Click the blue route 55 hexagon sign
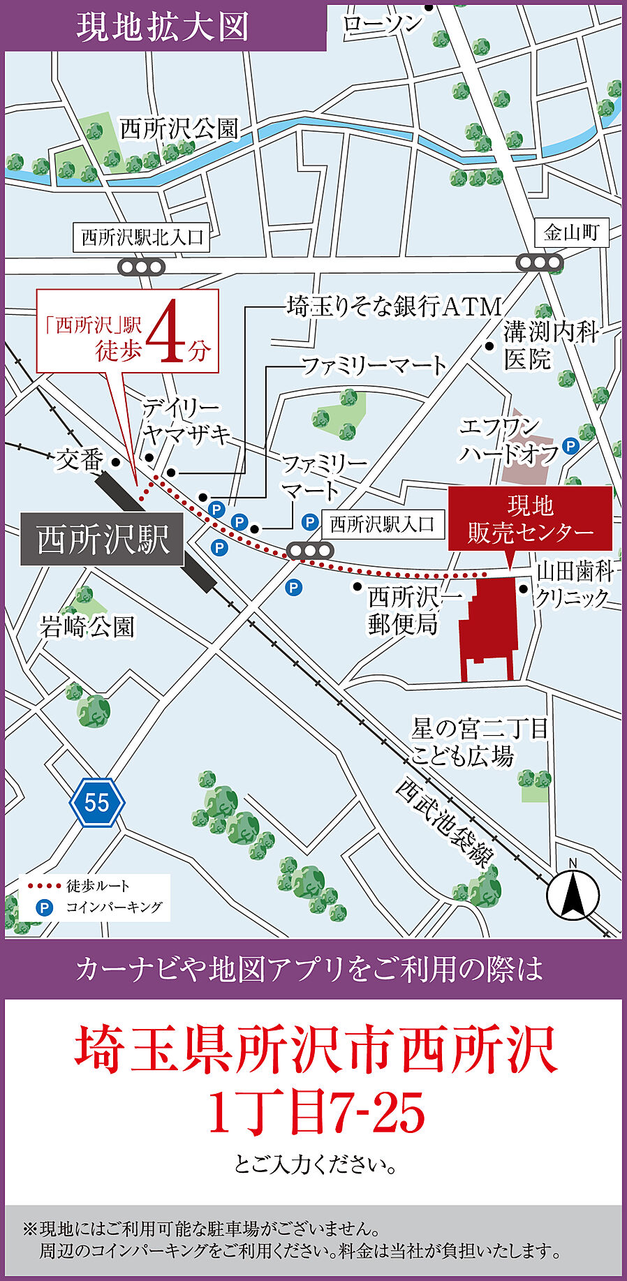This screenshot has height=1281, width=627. (97, 802)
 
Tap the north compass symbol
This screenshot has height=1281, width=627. (573, 896)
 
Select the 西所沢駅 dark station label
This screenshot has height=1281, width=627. (103, 540)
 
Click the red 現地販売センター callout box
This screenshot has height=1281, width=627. (530, 519)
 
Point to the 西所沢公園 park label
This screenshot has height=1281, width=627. (179, 129)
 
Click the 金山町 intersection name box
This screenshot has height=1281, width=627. (572, 232)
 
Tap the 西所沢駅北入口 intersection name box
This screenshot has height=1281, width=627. (142, 237)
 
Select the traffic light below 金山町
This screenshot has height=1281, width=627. (539, 263)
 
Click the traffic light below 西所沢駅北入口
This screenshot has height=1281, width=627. (141, 267)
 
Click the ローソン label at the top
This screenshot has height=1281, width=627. (383, 24)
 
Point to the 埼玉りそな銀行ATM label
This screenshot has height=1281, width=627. (394, 306)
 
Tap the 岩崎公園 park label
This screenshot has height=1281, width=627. (87, 627)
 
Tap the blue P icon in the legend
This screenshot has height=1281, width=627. (45, 908)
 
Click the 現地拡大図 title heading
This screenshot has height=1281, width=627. (163, 27)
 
